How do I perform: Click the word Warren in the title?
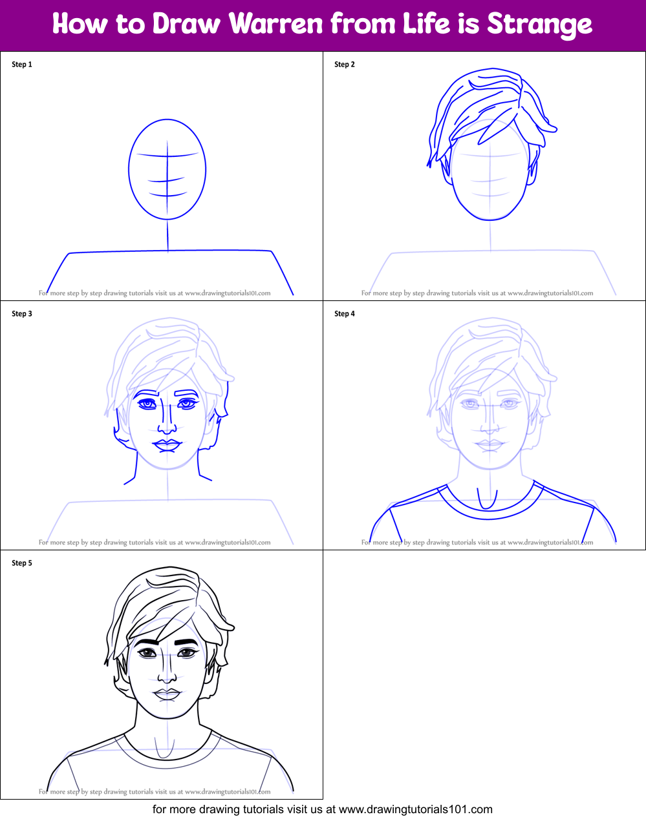coord(276,24)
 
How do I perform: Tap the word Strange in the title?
coord(539,25)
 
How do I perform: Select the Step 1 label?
coord(22,65)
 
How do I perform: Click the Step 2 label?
coord(345,65)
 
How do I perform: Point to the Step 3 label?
coord(22,314)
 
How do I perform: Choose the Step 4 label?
coord(345,314)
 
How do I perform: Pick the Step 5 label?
coord(22,563)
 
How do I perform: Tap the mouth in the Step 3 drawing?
coord(167,445)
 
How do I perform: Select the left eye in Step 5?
coord(148,653)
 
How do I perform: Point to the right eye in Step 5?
coord(187,653)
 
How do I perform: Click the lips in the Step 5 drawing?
coord(167,694)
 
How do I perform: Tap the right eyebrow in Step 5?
coord(186,642)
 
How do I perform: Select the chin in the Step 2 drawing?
coord(490,218)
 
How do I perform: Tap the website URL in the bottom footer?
coord(415,809)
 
